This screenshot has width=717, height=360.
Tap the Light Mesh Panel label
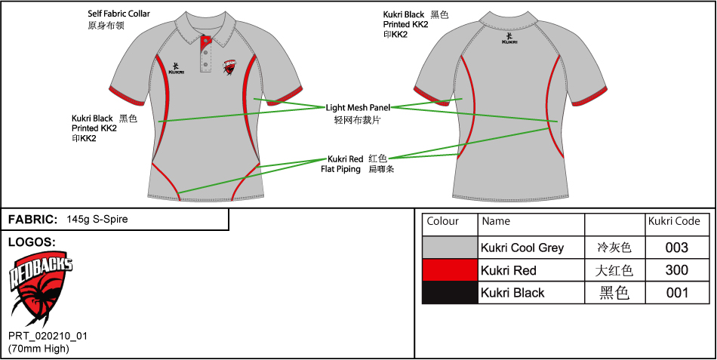pyautogui.click(x=358, y=108)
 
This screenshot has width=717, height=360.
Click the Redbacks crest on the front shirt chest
pyautogui.click(x=232, y=69)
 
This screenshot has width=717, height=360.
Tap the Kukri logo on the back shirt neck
pyautogui.click(x=510, y=37)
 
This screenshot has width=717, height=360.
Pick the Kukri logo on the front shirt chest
pyautogui.click(x=176, y=68)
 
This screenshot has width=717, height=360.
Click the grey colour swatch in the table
pyautogui.click(x=450, y=248)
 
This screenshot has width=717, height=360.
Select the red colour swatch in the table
pyautogui.click(x=450, y=270)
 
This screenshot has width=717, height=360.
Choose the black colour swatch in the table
pyautogui.click(x=450, y=293)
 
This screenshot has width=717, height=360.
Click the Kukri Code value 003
pyautogui.click(x=677, y=248)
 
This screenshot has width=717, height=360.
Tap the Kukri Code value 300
pyautogui.click(x=677, y=270)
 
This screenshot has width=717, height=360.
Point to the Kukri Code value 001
pyautogui.click(x=677, y=293)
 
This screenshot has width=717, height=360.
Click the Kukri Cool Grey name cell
pyautogui.click(x=522, y=248)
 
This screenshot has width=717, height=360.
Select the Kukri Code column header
pyautogui.click(x=674, y=222)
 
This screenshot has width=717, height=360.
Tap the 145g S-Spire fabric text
pyautogui.click(x=97, y=220)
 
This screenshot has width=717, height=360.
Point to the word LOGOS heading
pyautogui.click(x=31, y=242)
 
